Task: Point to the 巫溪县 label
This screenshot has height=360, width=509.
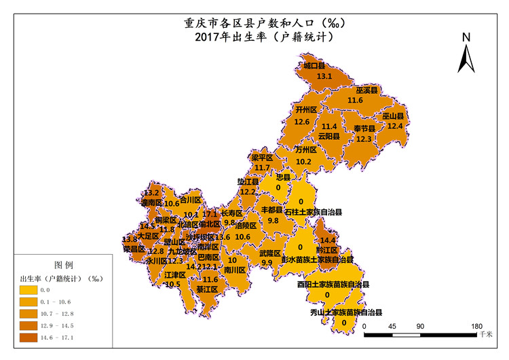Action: tap(367, 90)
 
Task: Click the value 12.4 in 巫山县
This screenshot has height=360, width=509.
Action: tap(395, 126)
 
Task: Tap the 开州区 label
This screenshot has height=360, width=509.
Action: tap(306, 109)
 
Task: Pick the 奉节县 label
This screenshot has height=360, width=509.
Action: tap(364, 128)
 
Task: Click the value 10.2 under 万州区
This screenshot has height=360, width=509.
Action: tap(303, 162)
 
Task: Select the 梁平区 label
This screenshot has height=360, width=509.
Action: tap(261, 158)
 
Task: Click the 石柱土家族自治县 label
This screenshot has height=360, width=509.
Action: tap(313, 212)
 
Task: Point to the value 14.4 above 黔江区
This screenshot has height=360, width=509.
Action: tap(328, 240)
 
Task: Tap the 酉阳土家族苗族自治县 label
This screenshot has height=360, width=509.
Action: tap(333, 285)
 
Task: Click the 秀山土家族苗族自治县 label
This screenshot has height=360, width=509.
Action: tap(346, 313)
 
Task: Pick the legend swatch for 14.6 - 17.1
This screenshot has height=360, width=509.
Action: tap(31, 337)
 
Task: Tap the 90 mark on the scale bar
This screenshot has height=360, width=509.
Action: tap(420, 326)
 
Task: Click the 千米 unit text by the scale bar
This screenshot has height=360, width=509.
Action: tap(485, 334)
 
